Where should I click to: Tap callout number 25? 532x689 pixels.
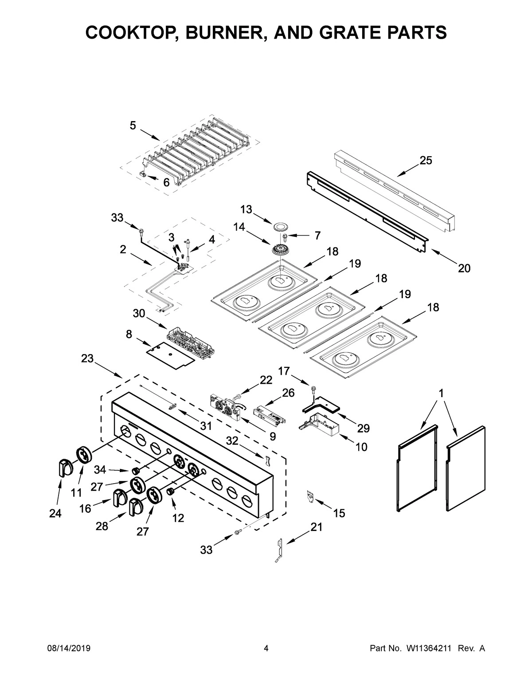pyautogui.click(x=426, y=161)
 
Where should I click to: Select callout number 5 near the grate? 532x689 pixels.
pyautogui.click(x=133, y=126)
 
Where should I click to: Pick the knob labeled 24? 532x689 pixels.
pyautogui.click(x=65, y=468)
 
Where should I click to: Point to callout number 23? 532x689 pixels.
pyautogui.click(x=87, y=358)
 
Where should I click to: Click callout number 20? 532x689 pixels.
pyautogui.click(x=464, y=268)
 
